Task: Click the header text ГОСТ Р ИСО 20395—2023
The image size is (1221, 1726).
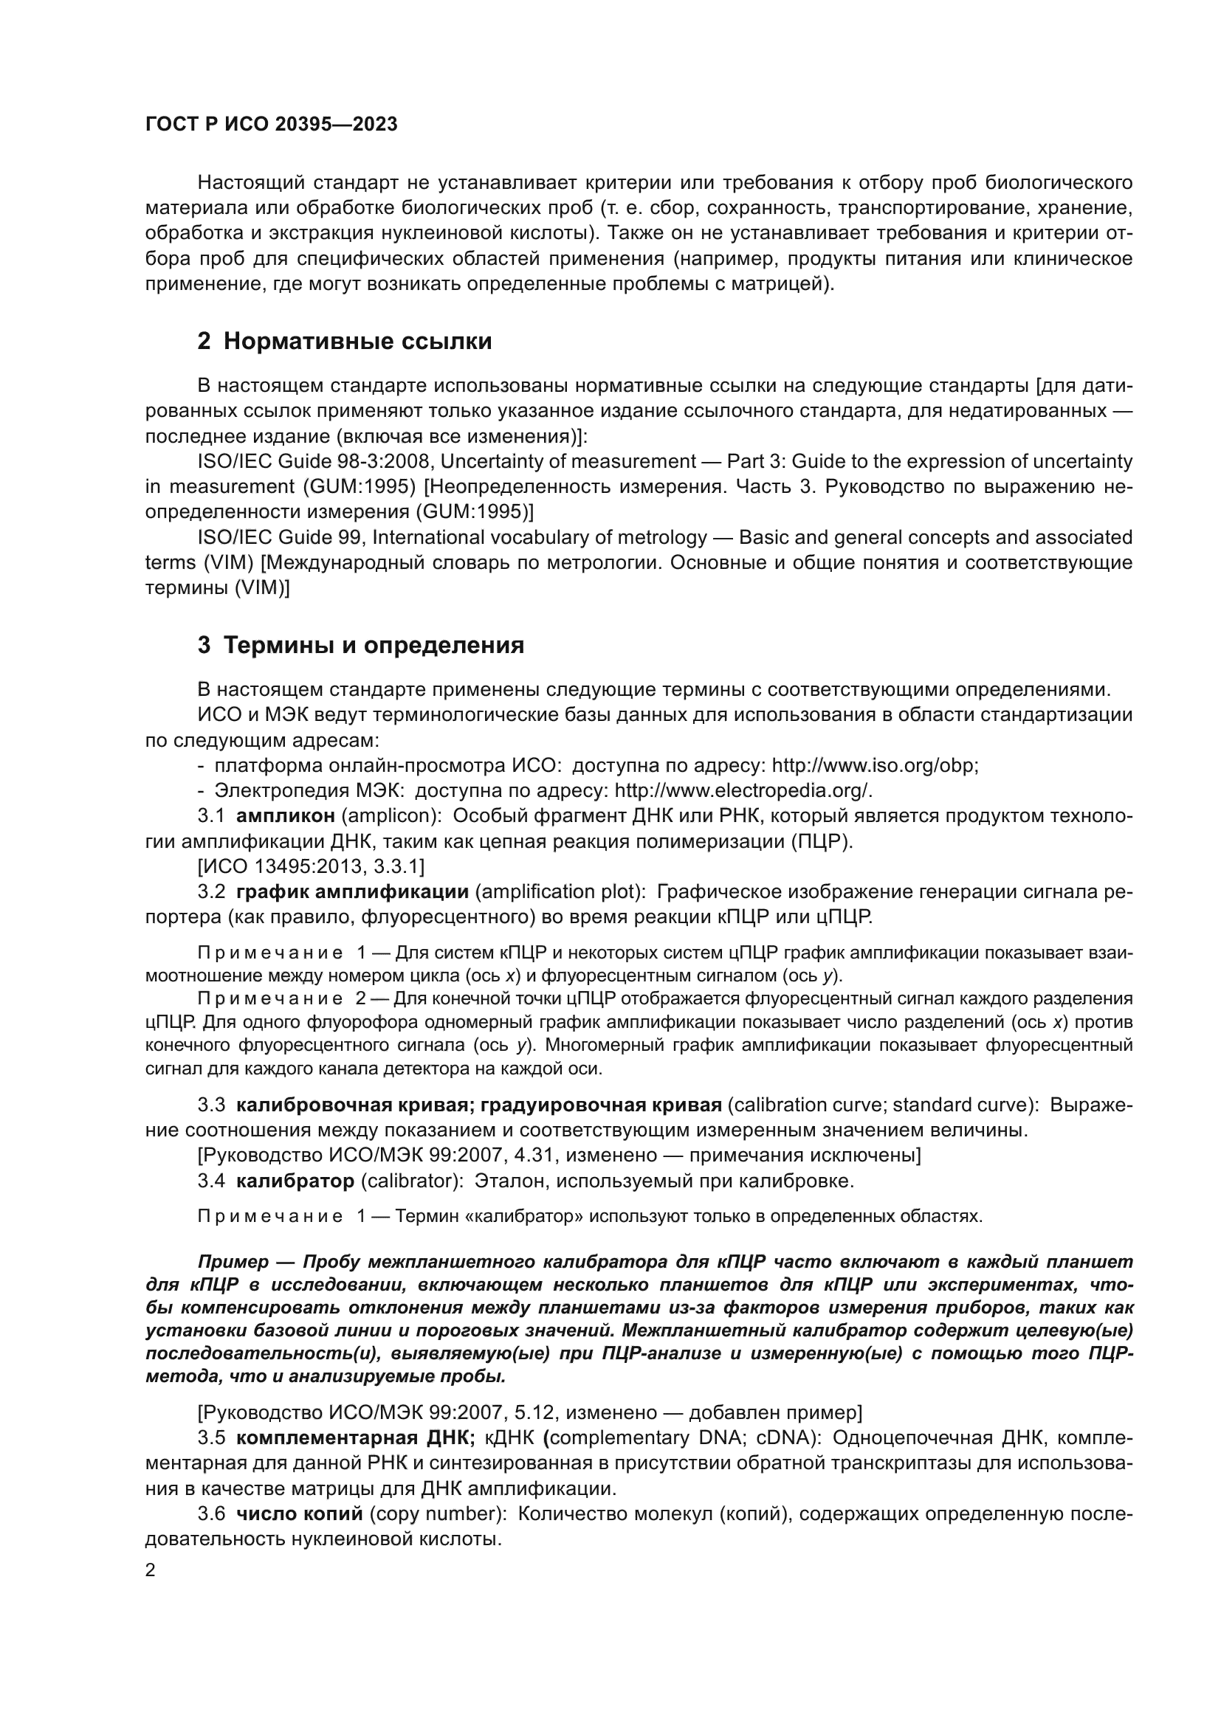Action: click(271, 125)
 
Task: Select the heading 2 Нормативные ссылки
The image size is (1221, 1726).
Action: click(344, 342)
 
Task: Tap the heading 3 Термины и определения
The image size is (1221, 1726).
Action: click(360, 645)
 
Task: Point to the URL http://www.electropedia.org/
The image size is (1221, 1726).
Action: click(742, 791)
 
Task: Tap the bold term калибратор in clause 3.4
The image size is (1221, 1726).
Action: click(295, 1181)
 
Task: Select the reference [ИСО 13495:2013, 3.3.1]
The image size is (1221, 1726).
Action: click(311, 867)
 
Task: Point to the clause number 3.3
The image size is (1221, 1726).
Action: click(211, 1105)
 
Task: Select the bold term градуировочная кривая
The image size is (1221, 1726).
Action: click(601, 1105)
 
